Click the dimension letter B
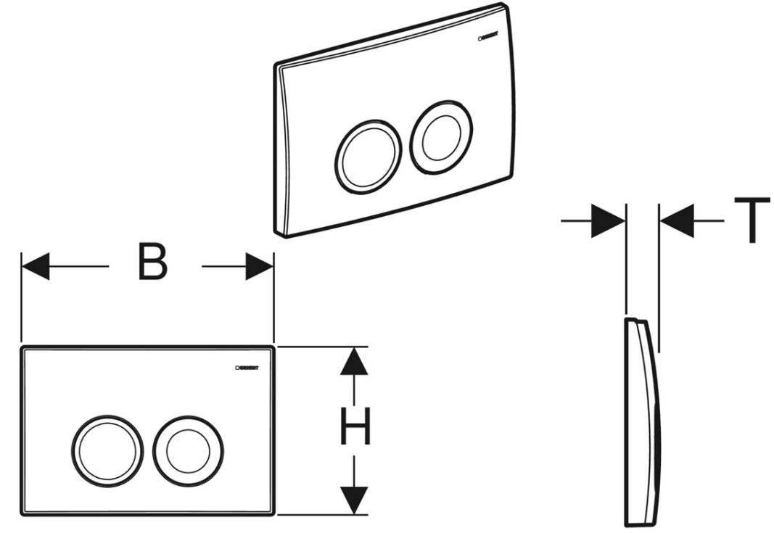(x=153, y=265)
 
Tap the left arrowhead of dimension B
(x=35, y=266)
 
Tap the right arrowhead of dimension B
(x=260, y=266)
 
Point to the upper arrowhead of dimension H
(x=354, y=361)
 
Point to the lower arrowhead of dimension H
(x=354, y=500)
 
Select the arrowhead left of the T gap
(x=609, y=220)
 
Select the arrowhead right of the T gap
(x=675, y=220)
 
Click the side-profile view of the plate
(x=642, y=421)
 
